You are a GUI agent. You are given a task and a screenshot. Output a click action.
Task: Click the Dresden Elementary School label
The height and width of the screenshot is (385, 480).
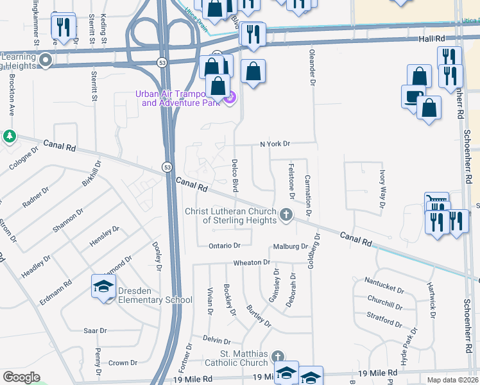point(155,295)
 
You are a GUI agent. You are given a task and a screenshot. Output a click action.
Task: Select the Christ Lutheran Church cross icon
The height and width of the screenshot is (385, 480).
point(286,215)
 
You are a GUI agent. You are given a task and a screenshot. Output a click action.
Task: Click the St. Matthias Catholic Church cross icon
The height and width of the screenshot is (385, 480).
point(277,356)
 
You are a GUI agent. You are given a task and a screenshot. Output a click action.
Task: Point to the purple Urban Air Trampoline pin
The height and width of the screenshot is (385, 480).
point(231,98)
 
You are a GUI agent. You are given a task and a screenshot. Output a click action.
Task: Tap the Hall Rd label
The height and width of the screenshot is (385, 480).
point(432,38)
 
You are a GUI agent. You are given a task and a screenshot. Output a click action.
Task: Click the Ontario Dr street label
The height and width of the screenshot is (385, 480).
point(225,246)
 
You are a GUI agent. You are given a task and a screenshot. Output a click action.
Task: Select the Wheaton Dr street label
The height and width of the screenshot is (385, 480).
point(252,262)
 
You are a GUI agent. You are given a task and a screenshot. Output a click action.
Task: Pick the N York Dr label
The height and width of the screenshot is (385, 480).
point(275,144)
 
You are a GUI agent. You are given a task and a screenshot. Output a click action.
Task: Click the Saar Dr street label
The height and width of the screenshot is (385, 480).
point(95,330)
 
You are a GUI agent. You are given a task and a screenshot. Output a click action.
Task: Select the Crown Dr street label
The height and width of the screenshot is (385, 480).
point(119,363)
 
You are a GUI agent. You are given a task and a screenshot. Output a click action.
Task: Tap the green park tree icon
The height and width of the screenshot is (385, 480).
point(10,136)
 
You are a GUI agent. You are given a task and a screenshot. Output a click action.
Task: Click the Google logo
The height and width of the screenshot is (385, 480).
point(21,377)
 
